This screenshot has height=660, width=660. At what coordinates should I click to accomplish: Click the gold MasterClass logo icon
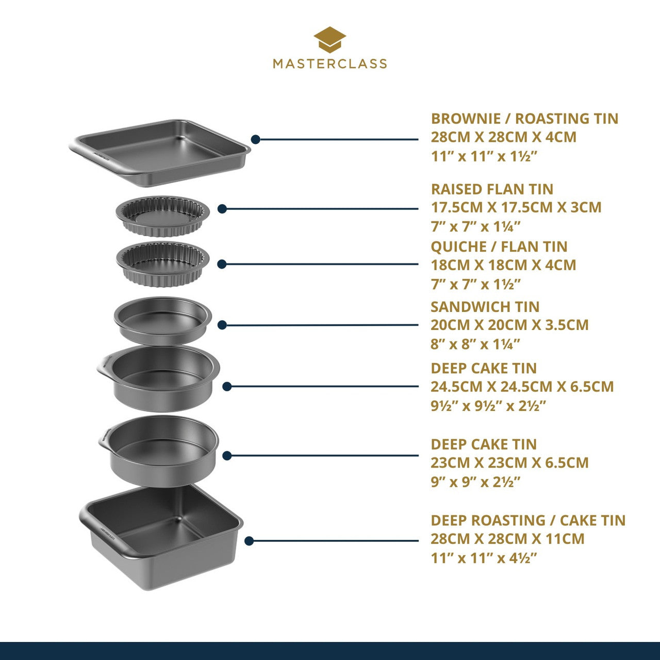click(x=329, y=40)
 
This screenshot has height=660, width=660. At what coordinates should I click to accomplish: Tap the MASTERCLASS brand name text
click(x=329, y=63)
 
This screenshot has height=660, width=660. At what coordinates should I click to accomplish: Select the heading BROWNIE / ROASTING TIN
click(x=524, y=119)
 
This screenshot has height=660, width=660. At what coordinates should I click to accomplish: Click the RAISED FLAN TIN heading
click(x=492, y=189)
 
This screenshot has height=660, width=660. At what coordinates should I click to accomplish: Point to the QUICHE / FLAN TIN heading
click(x=499, y=246)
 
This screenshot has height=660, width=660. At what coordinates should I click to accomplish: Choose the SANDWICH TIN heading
click(x=485, y=307)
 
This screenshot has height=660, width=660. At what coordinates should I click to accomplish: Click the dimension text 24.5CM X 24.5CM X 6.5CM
click(x=522, y=387)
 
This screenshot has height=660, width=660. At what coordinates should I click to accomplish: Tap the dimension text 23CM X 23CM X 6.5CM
click(x=509, y=463)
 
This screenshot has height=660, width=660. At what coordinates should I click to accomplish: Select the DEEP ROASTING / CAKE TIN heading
click(x=527, y=520)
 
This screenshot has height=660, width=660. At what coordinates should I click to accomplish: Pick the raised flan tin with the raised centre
click(x=163, y=215)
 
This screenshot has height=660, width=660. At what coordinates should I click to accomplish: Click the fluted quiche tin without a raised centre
click(x=163, y=263)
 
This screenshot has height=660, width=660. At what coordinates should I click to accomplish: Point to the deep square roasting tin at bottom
click(x=161, y=536)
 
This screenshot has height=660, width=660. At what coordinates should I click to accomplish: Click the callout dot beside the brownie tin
click(x=255, y=139)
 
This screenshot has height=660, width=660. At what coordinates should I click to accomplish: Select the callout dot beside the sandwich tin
click(x=222, y=325)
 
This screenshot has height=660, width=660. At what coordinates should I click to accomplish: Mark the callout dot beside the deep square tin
click(x=249, y=541)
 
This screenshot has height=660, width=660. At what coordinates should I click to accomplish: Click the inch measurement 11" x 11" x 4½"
click(x=484, y=558)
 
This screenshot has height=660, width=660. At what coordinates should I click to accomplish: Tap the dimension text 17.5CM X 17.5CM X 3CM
click(x=516, y=207)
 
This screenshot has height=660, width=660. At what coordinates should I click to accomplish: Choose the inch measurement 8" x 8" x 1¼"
click(x=475, y=344)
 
